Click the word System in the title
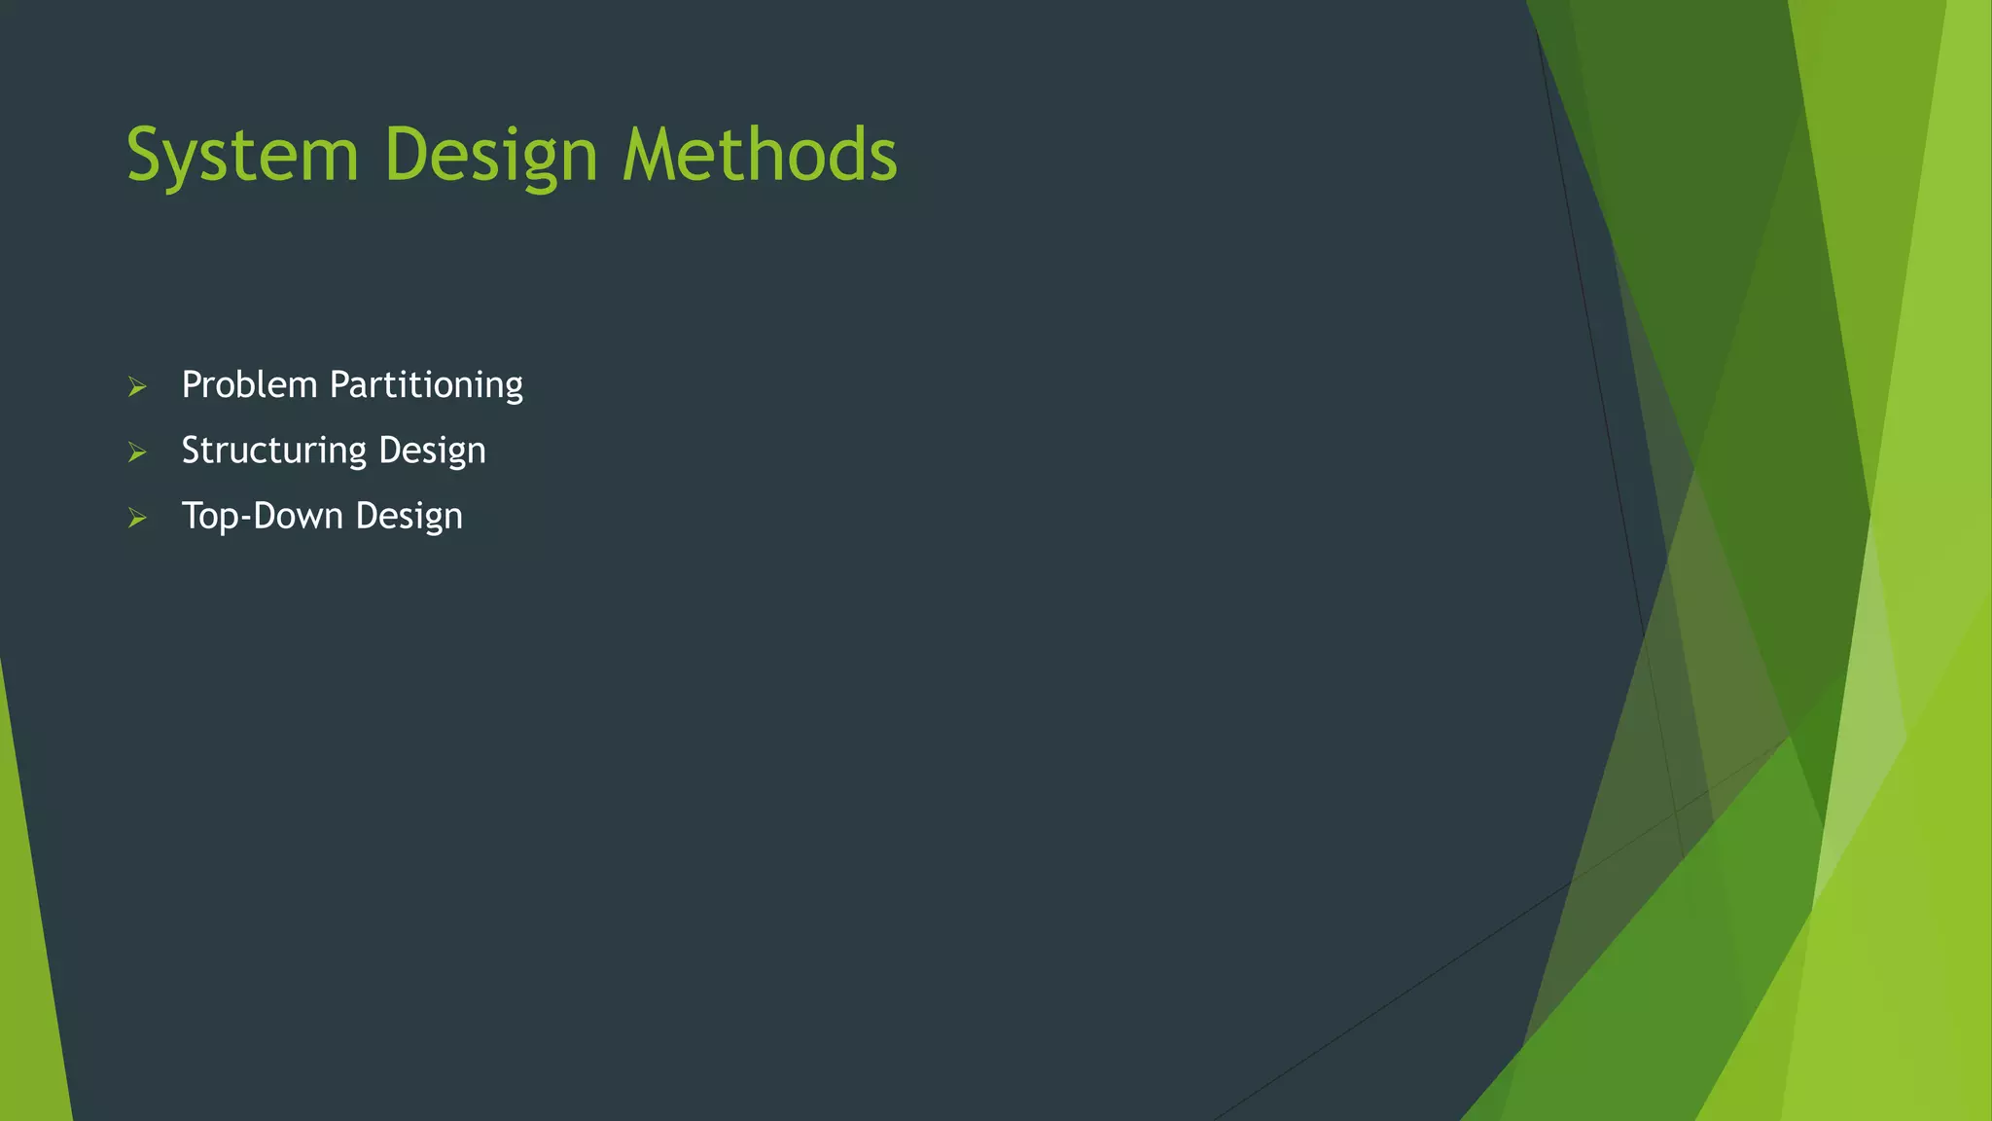click(243, 156)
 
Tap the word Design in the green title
click(491, 156)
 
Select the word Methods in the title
click(760, 156)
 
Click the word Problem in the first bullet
click(250, 385)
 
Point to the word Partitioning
click(426, 385)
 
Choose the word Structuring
click(274, 451)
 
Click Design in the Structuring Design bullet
click(432, 451)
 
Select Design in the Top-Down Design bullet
click(409, 516)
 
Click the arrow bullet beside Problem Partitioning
click(137, 387)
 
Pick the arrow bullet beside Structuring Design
click(137, 452)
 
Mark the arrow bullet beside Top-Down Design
click(137, 518)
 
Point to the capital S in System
click(146, 156)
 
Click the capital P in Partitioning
click(339, 385)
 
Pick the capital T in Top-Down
click(193, 516)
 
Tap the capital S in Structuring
click(192, 451)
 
